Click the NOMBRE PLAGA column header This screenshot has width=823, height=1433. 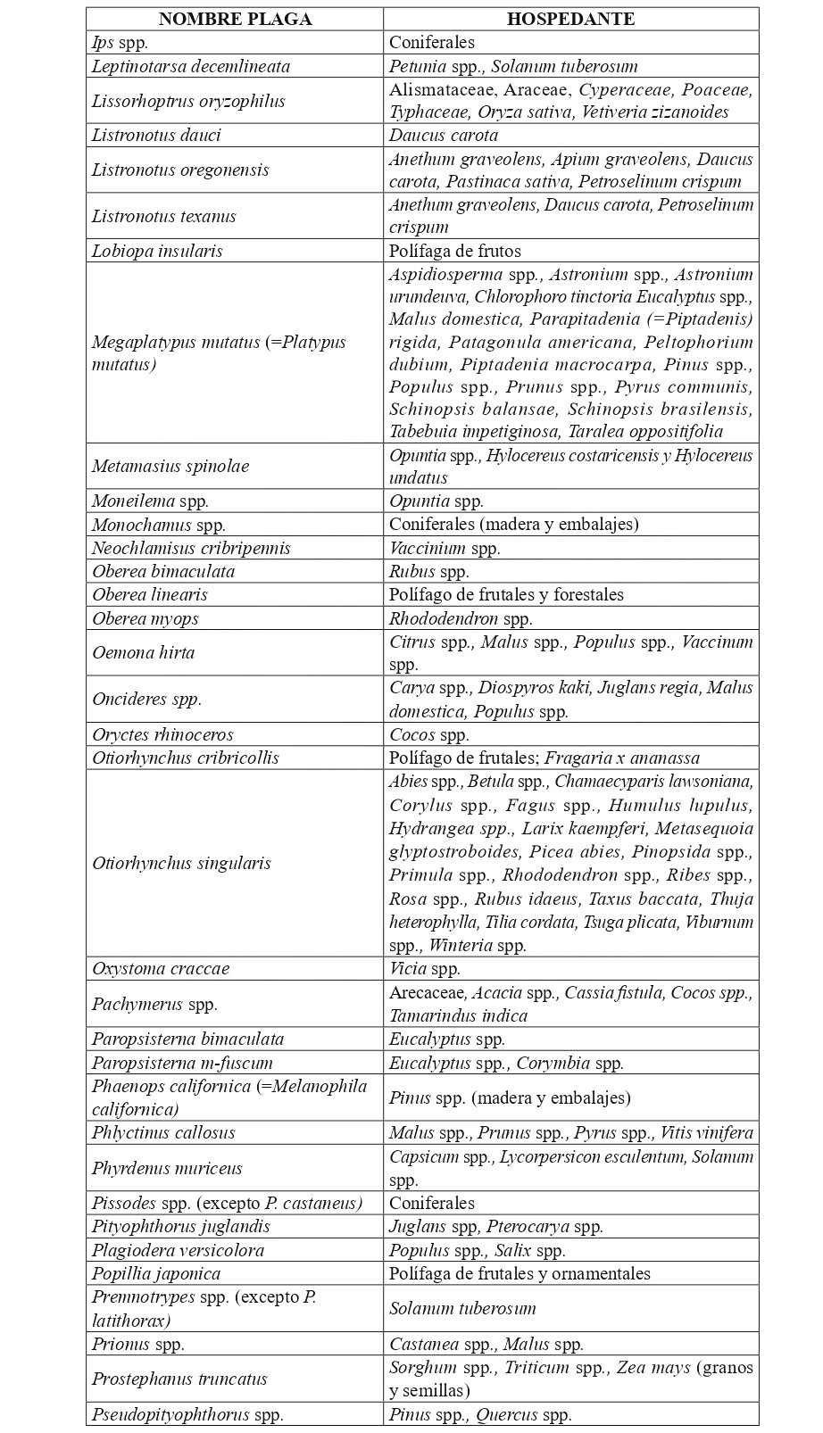coord(235,19)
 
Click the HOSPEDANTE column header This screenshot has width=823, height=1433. coord(570,19)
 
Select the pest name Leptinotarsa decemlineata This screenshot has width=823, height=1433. coord(191,66)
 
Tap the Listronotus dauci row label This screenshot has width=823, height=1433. coord(156,136)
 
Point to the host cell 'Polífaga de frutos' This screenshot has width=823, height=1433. coord(455,251)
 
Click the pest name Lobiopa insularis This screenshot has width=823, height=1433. coord(157,251)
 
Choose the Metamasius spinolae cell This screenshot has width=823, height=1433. coord(170,466)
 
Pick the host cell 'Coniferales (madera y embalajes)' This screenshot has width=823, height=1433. coord(514,525)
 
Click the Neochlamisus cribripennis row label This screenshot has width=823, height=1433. coord(191,548)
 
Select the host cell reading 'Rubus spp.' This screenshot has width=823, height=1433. coord(429,571)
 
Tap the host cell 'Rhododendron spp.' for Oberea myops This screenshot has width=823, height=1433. coord(461,618)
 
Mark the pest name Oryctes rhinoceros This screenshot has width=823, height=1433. coord(162,734)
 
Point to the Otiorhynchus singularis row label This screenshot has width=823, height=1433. coord(181,863)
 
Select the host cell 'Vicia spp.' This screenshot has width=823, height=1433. coord(425,968)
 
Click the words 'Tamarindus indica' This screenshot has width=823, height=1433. coord(458,1015)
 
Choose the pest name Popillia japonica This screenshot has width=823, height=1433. coord(156,1273)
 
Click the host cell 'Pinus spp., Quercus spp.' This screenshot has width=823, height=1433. coord(480,1414)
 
